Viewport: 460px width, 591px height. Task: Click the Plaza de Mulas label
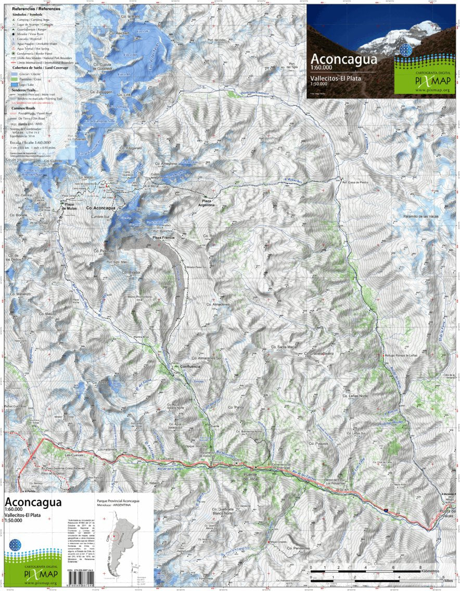point(70,207)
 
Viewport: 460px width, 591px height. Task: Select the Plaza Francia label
point(163,237)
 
